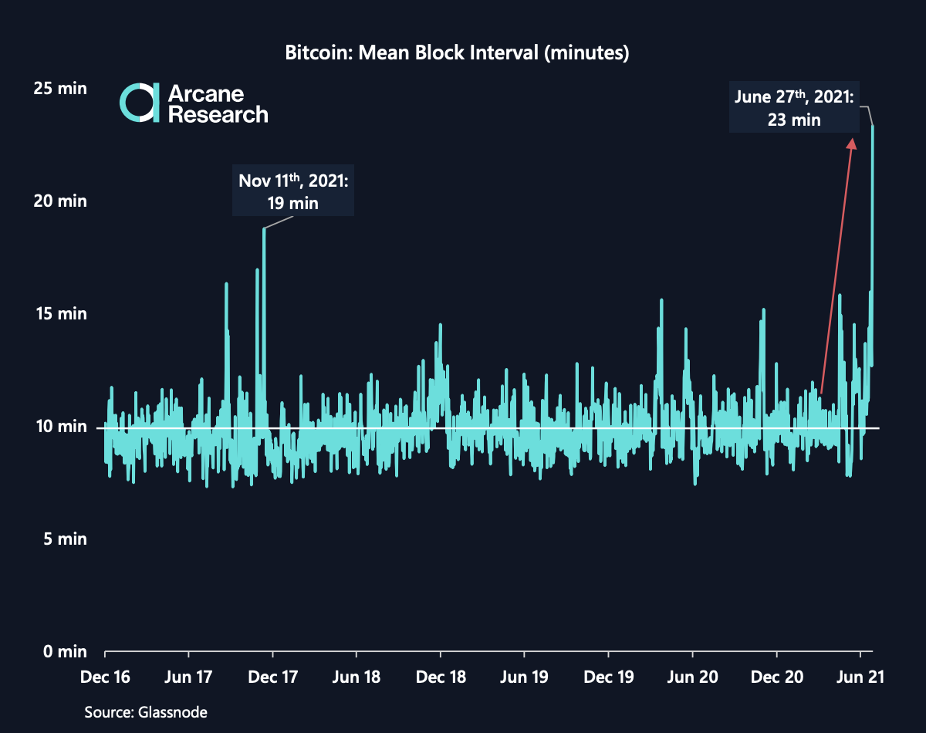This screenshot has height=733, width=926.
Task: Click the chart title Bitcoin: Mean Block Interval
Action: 458,54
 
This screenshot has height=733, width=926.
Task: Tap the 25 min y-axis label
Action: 60,89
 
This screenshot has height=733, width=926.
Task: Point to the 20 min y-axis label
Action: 60,201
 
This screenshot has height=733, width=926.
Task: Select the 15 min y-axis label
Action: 60,314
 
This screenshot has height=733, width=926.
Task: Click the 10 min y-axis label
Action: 60,427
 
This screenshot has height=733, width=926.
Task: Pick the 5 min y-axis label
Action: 63,539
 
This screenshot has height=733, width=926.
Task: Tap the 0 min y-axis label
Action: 63,652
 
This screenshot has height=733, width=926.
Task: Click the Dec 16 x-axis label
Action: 105,677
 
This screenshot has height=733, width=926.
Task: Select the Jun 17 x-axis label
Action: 189,677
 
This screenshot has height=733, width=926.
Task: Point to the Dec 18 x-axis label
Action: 441,677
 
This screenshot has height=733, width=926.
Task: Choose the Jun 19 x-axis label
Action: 525,677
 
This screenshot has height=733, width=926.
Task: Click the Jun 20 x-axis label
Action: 693,677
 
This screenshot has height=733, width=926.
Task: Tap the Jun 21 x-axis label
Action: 860,677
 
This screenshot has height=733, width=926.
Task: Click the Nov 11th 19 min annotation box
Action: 293,191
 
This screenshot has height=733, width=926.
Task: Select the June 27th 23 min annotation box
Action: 793,108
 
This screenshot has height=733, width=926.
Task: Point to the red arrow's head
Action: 853,141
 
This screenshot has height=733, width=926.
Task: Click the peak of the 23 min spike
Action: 873,127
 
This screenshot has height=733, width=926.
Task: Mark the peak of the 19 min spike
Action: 264,229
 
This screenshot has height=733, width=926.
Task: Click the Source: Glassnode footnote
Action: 146,712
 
